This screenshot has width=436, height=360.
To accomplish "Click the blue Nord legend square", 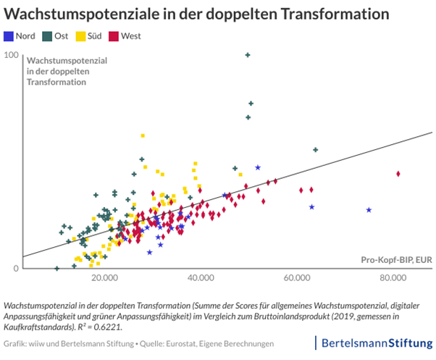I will pos(8,35).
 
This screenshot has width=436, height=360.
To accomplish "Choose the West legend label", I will pos(131,35).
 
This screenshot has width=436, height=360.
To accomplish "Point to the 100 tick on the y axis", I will pos(11,55).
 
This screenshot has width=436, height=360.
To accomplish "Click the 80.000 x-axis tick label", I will pos(393,278).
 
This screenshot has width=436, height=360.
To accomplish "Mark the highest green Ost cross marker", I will pos(248,55).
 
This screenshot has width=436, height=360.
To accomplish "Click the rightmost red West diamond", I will pos(398,174).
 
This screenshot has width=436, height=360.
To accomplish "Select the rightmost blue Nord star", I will pos(369,210).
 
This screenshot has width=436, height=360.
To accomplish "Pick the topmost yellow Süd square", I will pos(143,135).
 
